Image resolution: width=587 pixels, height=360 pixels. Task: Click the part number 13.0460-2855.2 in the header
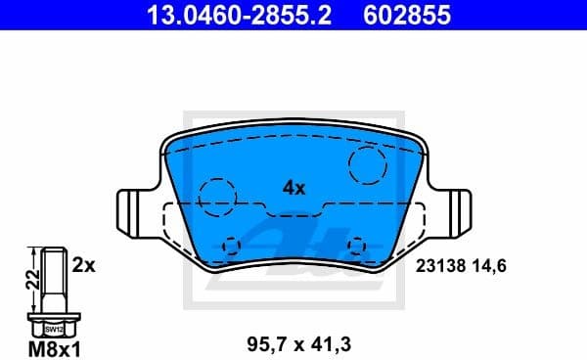pos(214,16)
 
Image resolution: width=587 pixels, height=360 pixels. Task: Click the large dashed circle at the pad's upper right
pos(369,165)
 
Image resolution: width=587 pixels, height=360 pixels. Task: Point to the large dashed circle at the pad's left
pos(216,196)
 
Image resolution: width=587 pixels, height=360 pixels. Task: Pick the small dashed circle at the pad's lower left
pos(232,245)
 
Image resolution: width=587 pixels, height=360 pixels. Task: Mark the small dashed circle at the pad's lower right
pos(357,245)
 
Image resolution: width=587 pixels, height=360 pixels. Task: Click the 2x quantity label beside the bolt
pos(83,264)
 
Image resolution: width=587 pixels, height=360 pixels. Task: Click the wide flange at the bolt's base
pos(55,320)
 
